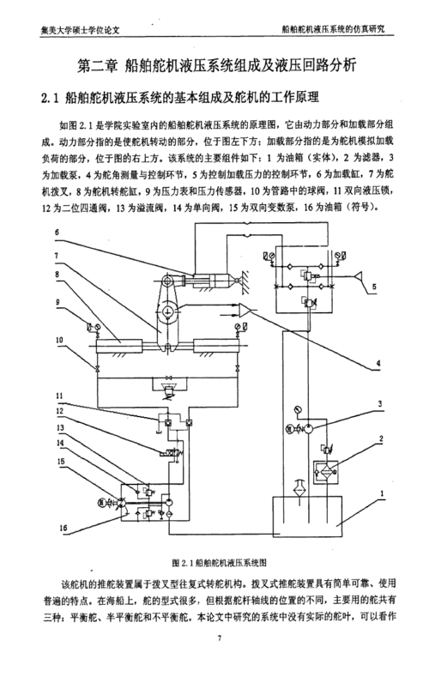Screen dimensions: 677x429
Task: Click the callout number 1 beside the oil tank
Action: pos(379,495)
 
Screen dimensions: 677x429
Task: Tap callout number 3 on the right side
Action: pos(379,403)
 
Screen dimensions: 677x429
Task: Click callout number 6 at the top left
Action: pos(56,233)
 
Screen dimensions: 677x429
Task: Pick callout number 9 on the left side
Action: pos(56,302)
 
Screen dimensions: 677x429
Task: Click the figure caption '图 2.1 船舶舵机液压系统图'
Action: pos(220,562)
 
